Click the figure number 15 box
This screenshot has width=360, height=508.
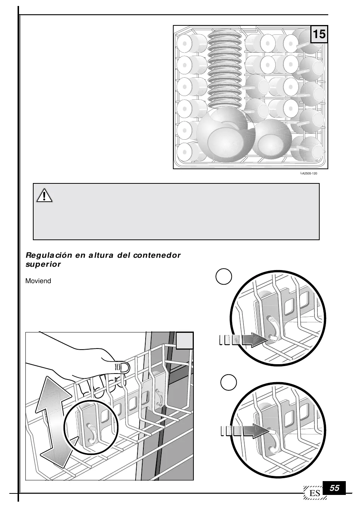click(319, 34)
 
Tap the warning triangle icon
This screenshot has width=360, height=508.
click(44, 195)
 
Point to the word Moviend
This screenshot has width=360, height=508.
click(38, 281)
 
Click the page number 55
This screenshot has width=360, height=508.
click(335, 488)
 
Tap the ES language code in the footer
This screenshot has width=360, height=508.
click(315, 493)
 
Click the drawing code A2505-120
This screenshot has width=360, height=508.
click(310, 174)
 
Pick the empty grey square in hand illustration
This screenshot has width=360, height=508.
click(184, 341)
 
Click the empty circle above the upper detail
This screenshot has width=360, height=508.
click(224, 277)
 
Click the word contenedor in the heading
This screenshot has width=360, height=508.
click(157, 255)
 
